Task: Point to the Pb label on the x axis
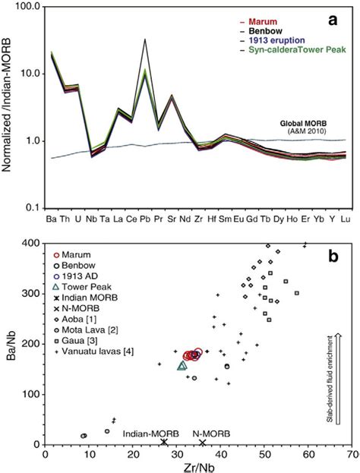144,219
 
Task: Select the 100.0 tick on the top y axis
26,7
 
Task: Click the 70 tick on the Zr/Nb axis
352,453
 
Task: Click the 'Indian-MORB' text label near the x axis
150,434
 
